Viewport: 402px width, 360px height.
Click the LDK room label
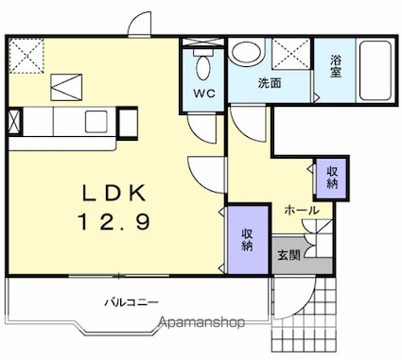click(114, 193)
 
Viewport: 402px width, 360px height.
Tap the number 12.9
click(114, 221)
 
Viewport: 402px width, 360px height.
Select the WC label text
click(204, 94)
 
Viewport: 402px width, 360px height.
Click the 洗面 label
click(270, 83)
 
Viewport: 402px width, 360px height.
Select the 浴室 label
click(336, 66)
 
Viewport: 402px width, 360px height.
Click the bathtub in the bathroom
click(376, 70)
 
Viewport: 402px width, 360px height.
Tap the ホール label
click(302, 210)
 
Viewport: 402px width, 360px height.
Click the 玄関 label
click(288, 255)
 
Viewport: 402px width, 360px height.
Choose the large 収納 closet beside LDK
click(248, 240)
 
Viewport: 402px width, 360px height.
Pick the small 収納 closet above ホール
click(332, 179)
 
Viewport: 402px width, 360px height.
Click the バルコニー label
click(131, 303)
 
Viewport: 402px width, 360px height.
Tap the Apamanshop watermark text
click(201, 322)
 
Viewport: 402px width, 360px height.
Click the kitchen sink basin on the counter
click(96, 122)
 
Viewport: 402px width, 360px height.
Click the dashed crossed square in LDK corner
click(26, 56)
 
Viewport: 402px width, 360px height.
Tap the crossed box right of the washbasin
click(291, 53)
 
